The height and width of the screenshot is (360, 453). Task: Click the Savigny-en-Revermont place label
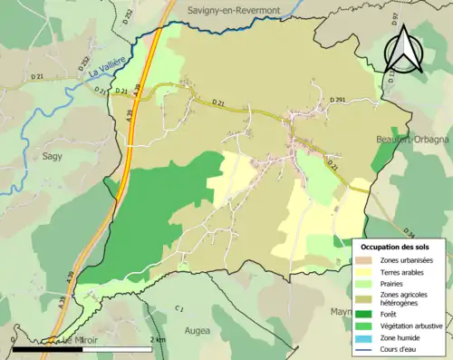pyautogui.click(x=235, y=9)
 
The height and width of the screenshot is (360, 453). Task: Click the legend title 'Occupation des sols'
pyautogui.click(x=396, y=247)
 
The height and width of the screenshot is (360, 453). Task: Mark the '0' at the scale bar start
pyautogui.click(x=15, y=340)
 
